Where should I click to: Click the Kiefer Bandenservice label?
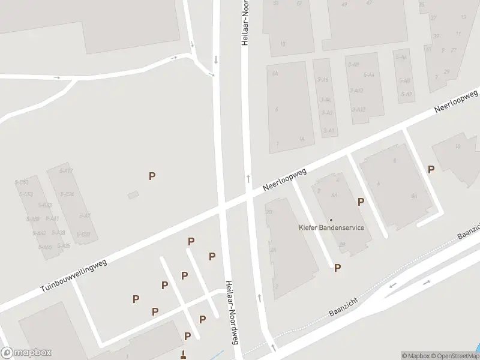(331, 227)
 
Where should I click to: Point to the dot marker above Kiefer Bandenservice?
(331, 220)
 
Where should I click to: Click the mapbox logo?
(26, 353)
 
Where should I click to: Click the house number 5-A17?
(66, 171)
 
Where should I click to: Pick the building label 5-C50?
(22, 182)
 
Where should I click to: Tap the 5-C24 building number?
(66, 194)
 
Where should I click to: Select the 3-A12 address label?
(358, 109)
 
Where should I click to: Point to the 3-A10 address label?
(356, 91)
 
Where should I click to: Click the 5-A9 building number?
(407, 94)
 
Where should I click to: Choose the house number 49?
(344, 4)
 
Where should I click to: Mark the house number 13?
(463, 17)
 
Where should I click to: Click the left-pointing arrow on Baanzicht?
(393, 286)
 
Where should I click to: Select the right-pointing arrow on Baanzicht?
(427, 281)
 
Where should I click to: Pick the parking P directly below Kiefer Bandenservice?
(338, 268)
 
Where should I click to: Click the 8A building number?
(414, 196)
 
